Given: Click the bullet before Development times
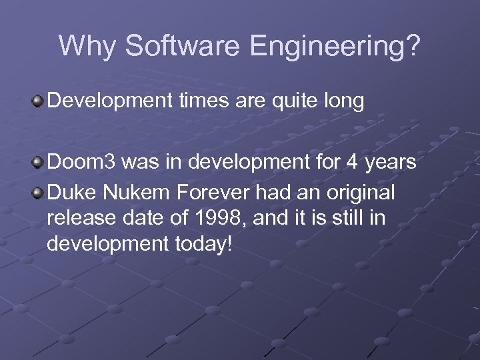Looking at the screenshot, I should coord(38,101).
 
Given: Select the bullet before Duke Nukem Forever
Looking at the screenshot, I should coord(38,193).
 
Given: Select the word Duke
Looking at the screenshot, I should coord(71,193).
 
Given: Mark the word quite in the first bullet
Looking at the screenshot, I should coord(291,101).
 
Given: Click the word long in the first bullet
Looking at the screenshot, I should coord(343,101).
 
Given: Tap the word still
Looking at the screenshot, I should coord(340,219).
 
